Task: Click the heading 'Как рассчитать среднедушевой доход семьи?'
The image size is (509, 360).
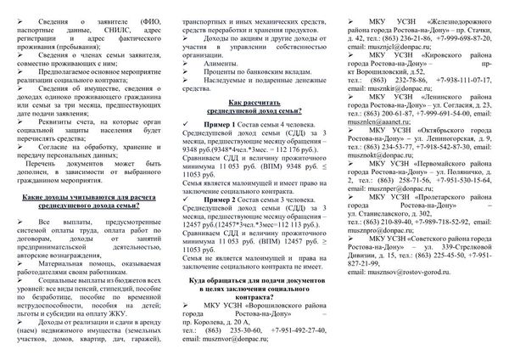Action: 255,129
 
